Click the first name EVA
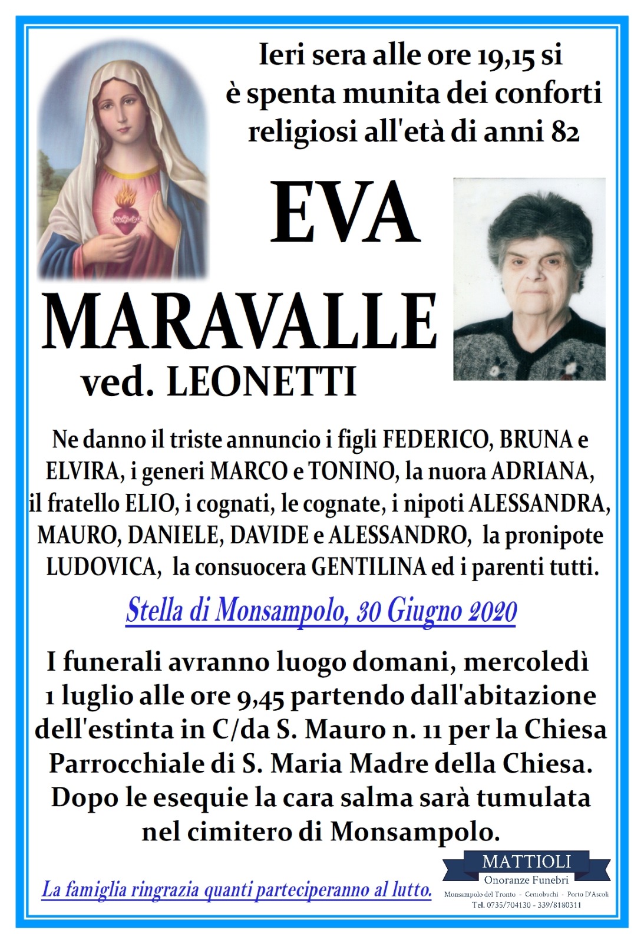pyautogui.click(x=345, y=213)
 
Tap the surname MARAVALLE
pyautogui.click(x=239, y=322)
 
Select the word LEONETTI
pyautogui.click(x=262, y=382)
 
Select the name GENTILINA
pyautogui.click(x=368, y=567)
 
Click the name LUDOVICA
pyautogui.click(x=101, y=567)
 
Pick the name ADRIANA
pyautogui.click(x=542, y=471)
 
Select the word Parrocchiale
pyautogui.click(x=127, y=764)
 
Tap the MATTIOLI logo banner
pyautogui.click(x=526, y=862)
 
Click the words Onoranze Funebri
pyautogui.click(x=526, y=880)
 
